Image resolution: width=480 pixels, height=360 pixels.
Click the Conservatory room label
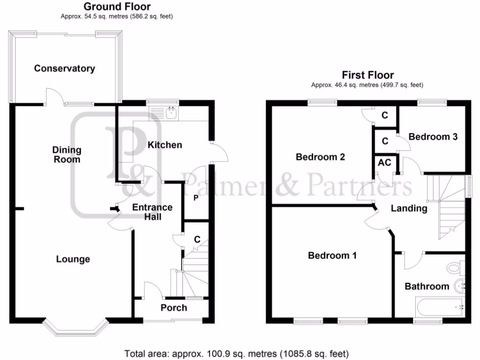click(x=64, y=68)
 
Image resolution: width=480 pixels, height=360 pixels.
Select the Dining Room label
click(x=66, y=155)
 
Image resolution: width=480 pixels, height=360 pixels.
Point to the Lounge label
click(x=73, y=259)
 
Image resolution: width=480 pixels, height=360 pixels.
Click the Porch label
click(x=173, y=308)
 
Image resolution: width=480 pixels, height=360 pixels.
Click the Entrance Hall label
click(x=152, y=212)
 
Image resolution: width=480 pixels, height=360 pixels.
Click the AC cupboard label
click(x=384, y=163)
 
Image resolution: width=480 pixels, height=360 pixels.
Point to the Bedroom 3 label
click(x=433, y=137)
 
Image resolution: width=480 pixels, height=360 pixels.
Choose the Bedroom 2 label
click(x=320, y=157)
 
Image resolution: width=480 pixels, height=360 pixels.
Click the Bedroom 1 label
click(x=332, y=255)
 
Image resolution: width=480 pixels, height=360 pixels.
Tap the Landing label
click(x=409, y=209)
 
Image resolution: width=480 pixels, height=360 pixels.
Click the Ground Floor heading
click(x=117, y=7)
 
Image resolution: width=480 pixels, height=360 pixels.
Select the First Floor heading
click(x=367, y=75)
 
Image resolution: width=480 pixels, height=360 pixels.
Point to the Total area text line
click(x=236, y=353)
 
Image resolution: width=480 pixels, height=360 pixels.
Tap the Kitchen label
click(x=165, y=145)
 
